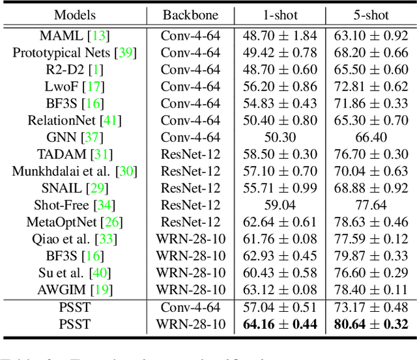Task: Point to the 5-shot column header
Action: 367,15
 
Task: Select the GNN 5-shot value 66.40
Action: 367,137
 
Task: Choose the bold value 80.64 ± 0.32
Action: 367,324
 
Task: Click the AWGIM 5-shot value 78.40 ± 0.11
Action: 367,289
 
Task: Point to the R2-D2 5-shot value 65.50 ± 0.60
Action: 367,69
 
